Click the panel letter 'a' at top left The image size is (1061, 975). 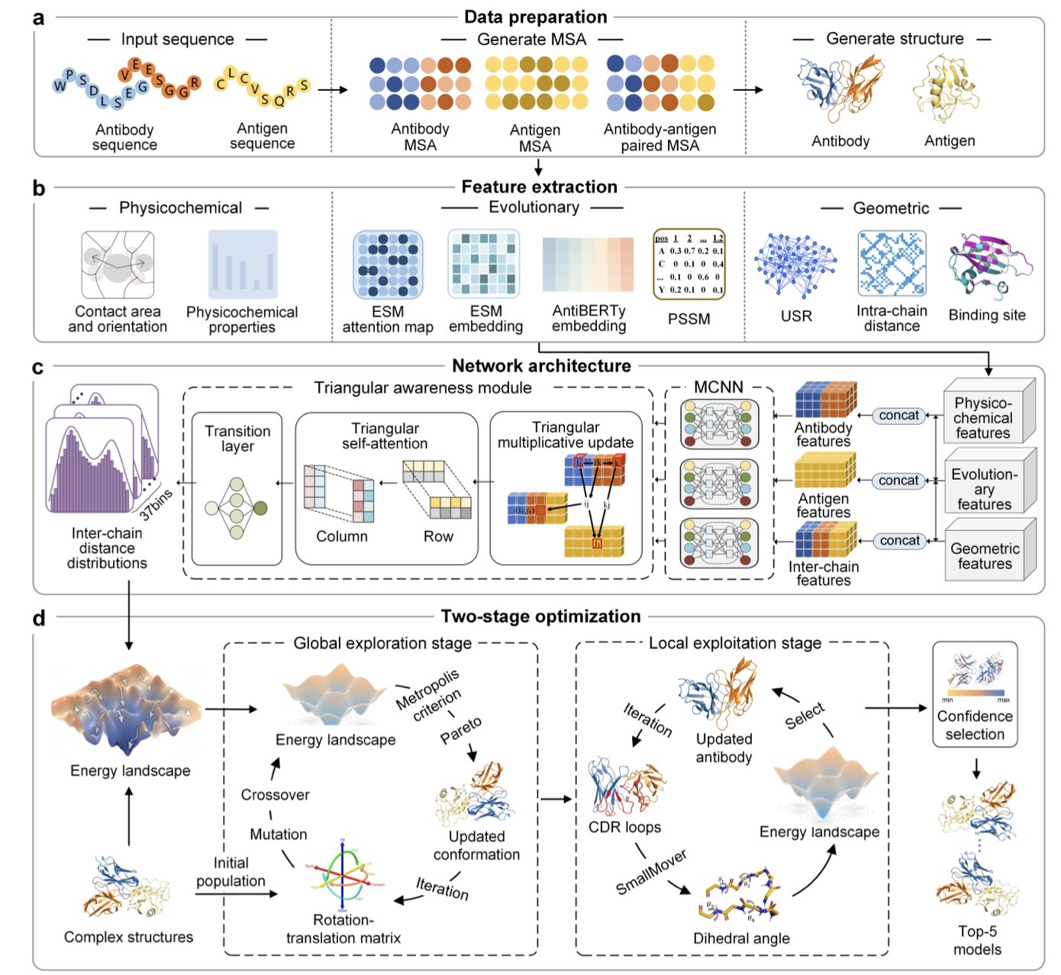pyautogui.click(x=39, y=18)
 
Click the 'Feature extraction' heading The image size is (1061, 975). pyautogui.click(x=539, y=187)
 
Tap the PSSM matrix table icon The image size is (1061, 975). pyautogui.click(x=689, y=264)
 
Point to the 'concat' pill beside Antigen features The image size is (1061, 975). pyautogui.click(x=898, y=481)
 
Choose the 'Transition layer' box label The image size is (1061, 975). pyautogui.click(x=237, y=439)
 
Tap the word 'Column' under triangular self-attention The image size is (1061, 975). pyautogui.click(x=342, y=536)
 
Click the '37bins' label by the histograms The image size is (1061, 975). pyautogui.click(x=156, y=504)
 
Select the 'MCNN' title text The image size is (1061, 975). pyautogui.click(x=718, y=388)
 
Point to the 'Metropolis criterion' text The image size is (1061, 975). pyautogui.click(x=429, y=695)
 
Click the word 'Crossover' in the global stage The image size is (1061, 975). pyautogui.click(x=275, y=795)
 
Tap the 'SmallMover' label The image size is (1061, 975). pyautogui.click(x=651, y=872)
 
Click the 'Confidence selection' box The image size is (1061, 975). pyautogui.click(x=975, y=694)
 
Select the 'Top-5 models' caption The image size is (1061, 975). pyautogui.click(x=977, y=940)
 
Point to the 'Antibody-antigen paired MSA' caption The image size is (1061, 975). pyautogui.click(x=659, y=137)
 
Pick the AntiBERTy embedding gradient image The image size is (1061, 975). pyautogui.click(x=588, y=265)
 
